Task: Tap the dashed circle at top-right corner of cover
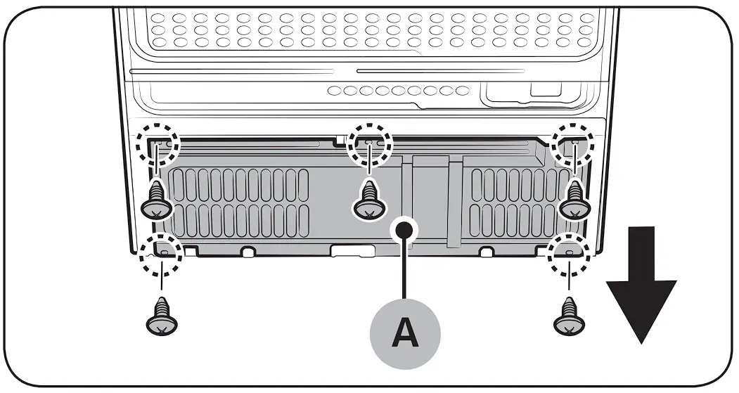click(x=573, y=145)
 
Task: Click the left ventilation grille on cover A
click(x=237, y=202)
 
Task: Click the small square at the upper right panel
click(x=541, y=89)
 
